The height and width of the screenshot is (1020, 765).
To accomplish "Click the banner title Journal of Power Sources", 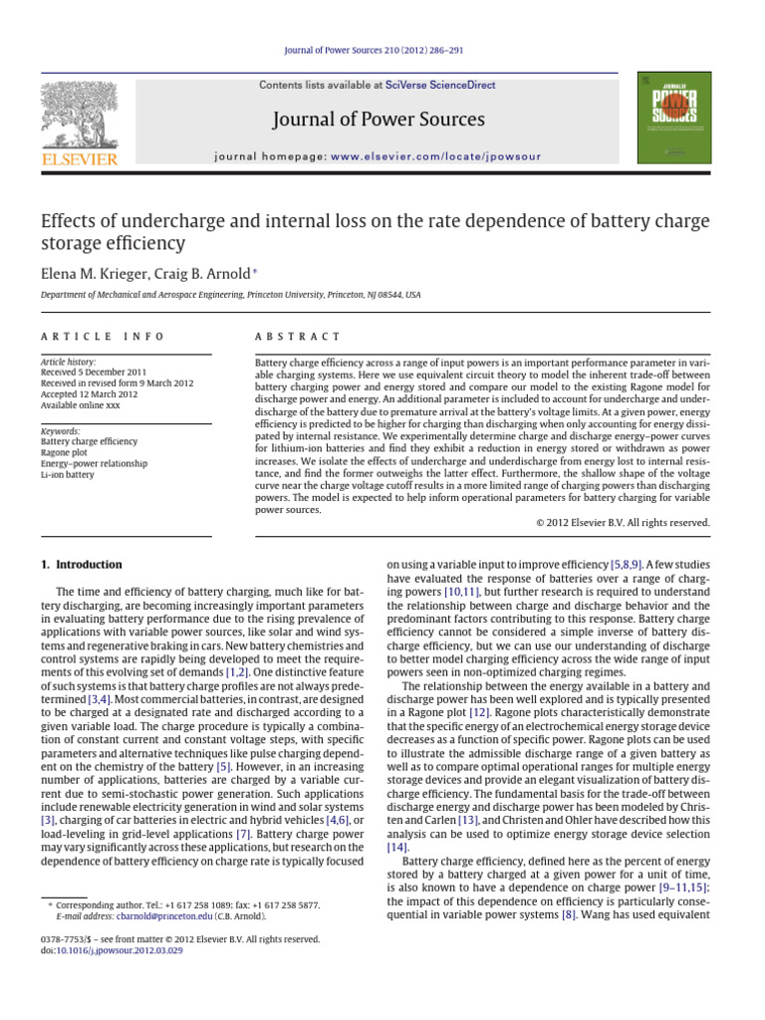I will pos(382,120).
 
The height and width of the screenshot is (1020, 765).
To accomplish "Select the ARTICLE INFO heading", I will pos(102,338).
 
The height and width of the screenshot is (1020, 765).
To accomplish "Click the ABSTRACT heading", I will pos(298,338).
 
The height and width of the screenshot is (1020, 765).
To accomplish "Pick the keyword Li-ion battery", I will pos(68,475).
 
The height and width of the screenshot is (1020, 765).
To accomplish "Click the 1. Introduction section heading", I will pos(82,564).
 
